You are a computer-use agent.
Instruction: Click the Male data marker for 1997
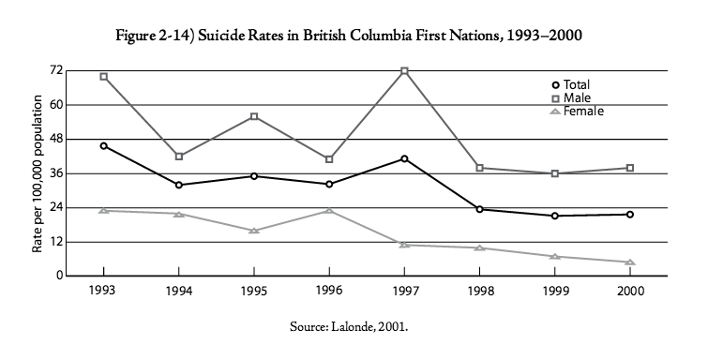click(x=404, y=71)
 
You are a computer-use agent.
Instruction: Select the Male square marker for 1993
click(x=103, y=77)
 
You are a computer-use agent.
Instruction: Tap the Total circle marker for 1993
click(x=103, y=146)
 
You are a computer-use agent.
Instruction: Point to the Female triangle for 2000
click(x=630, y=262)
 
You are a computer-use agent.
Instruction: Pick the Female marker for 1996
click(x=329, y=211)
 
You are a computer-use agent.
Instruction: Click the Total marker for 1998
click(x=479, y=209)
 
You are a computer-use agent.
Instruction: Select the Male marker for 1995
click(x=254, y=116)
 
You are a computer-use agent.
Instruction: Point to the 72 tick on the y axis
click(x=56, y=70)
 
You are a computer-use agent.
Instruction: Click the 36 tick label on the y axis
click(x=56, y=173)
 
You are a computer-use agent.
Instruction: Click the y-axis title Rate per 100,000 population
click(x=38, y=173)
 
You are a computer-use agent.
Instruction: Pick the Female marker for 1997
click(x=404, y=245)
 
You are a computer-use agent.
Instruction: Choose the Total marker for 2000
click(x=630, y=215)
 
